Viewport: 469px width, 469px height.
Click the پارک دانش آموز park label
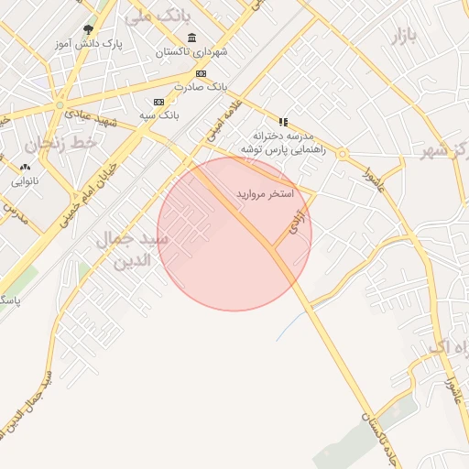[x=88, y=43]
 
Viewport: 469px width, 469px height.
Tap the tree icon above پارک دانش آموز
[x=88, y=29]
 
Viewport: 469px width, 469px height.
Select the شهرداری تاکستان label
[x=191, y=52]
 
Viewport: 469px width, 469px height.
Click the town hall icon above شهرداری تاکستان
[x=191, y=38]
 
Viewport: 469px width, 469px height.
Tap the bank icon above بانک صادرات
[x=201, y=73]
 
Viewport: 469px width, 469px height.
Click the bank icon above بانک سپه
[x=159, y=102]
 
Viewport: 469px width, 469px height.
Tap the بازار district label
[x=404, y=38]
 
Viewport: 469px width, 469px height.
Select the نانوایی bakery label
[x=25, y=181]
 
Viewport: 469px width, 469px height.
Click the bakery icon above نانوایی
[x=25, y=168]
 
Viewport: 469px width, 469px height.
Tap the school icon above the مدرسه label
[x=283, y=122]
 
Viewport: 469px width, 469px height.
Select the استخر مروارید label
[x=266, y=194]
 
